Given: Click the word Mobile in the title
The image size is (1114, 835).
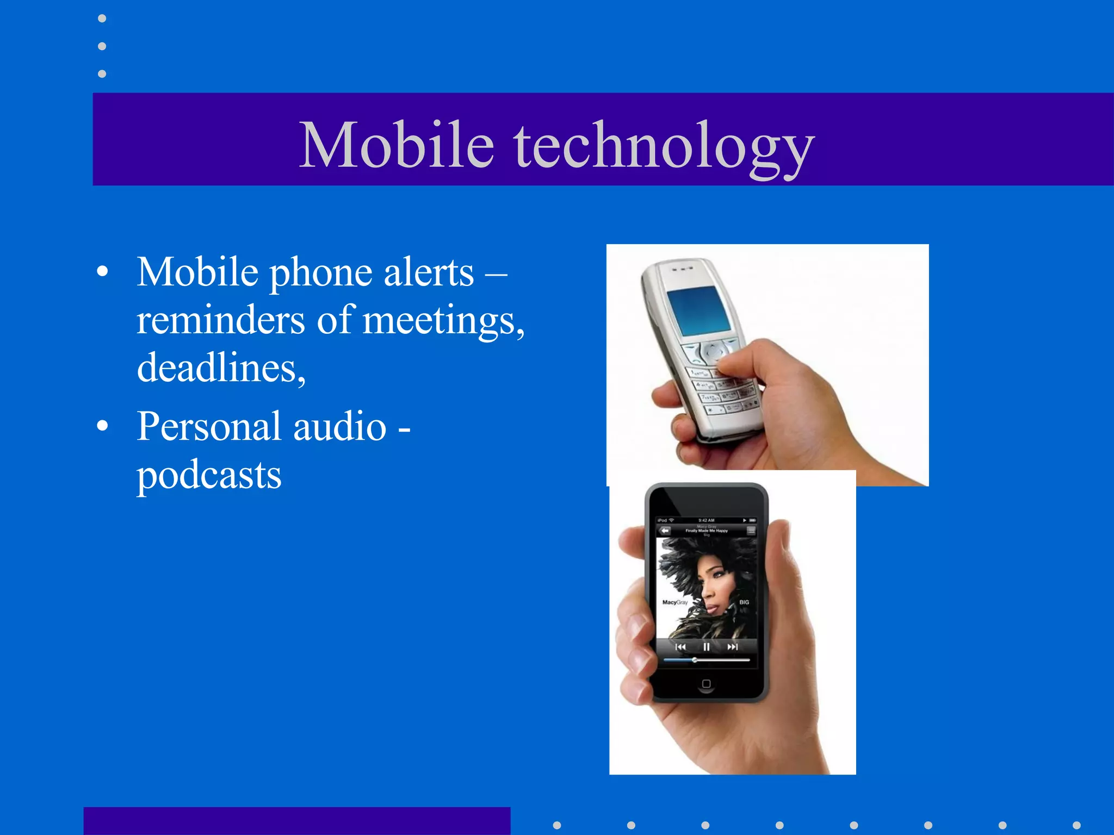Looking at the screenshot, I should click(x=397, y=145).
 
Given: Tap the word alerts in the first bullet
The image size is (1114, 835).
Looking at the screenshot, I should click(x=429, y=272).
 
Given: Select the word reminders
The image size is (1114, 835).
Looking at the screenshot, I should click(x=220, y=320).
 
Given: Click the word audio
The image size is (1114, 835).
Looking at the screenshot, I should click(x=340, y=426).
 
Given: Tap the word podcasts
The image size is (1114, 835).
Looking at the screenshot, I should click(x=209, y=475).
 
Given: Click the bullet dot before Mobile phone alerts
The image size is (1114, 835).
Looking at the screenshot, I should click(x=102, y=272).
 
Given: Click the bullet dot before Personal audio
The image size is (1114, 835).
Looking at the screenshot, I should click(x=102, y=426).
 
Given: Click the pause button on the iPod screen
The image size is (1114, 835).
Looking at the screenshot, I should click(x=706, y=647).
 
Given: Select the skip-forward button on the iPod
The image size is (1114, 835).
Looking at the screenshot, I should click(x=733, y=647).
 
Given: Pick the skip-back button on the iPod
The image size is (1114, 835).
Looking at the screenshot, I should click(x=680, y=647).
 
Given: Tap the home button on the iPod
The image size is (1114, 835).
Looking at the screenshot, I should click(x=706, y=684).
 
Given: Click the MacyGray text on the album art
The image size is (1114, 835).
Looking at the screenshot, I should click(x=675, y=602).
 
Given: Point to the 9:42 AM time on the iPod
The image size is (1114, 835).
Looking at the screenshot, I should click(x=706, y=520).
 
